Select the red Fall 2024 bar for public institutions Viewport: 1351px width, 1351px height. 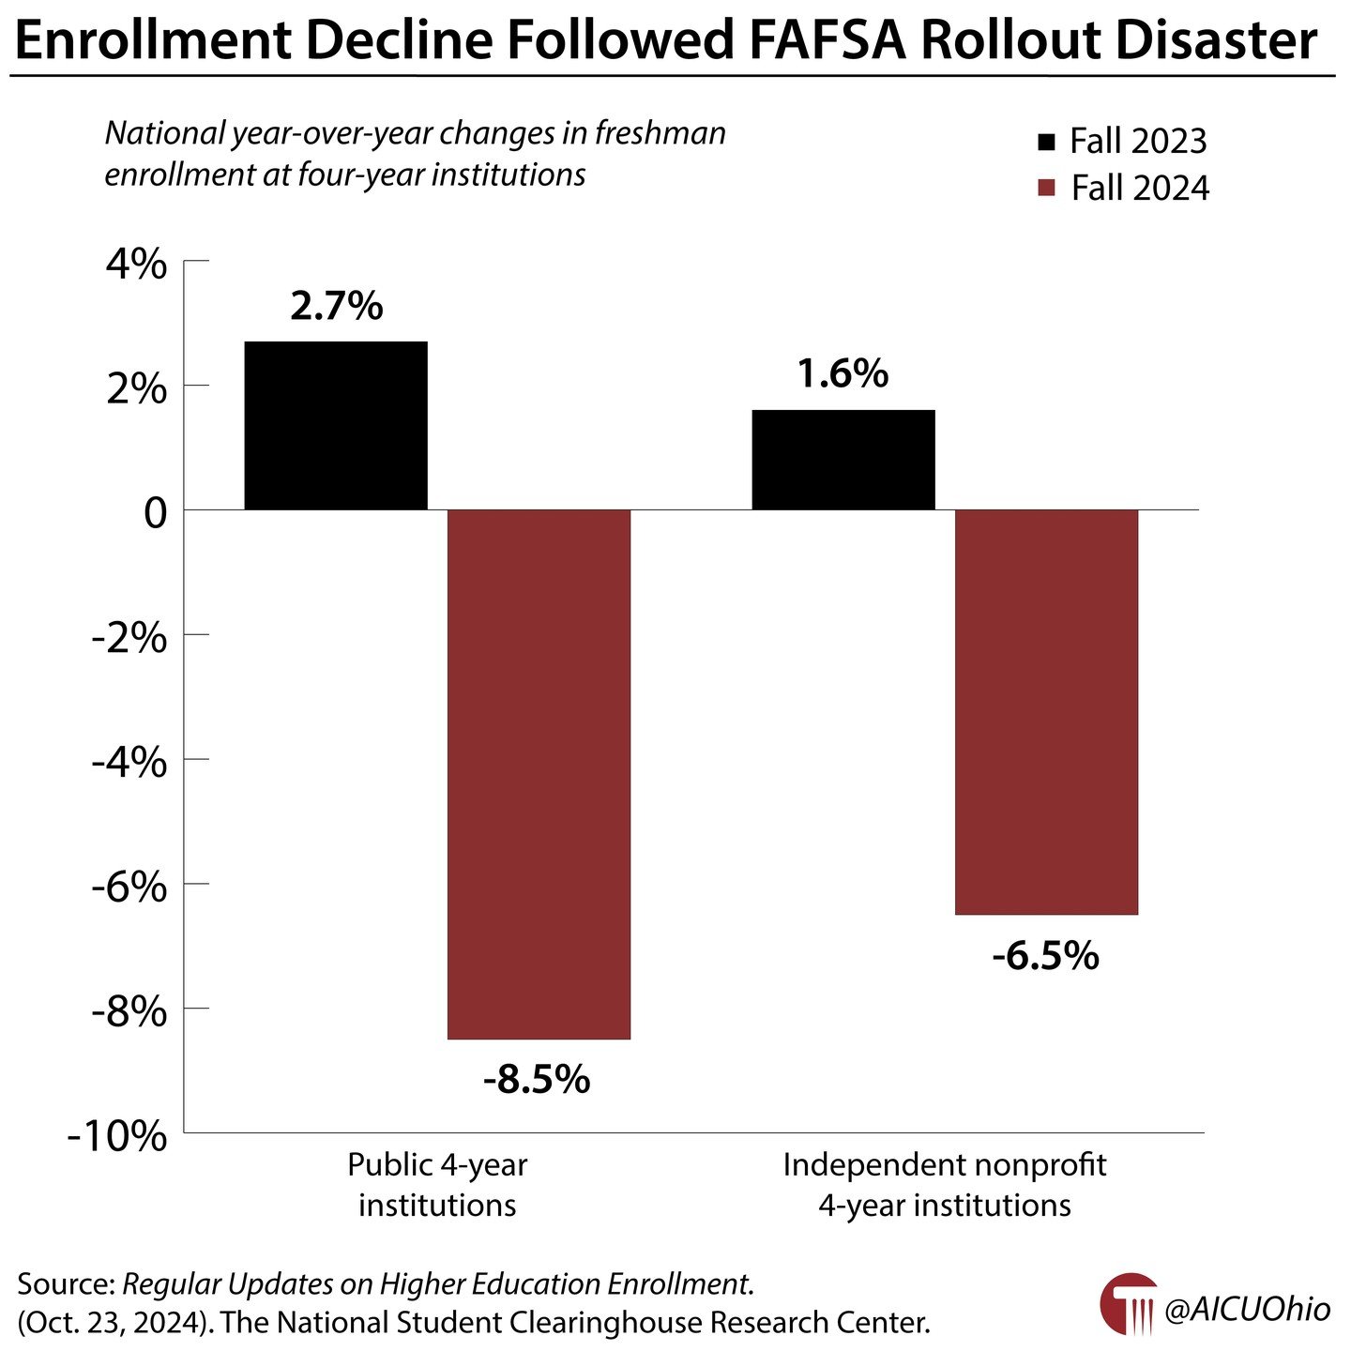coord(539,774)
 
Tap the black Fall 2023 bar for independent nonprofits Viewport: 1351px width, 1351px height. coord(843,460)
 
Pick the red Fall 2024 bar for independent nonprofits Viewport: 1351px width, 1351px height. coord(1046,711)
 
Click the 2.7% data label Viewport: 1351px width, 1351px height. coord(336,306)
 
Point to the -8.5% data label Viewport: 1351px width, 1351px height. coord(537,1080)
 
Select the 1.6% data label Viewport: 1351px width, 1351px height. coord(842,373)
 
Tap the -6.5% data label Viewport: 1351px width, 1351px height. coord(1045,956)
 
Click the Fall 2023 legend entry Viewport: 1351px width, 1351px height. coord(1122,142)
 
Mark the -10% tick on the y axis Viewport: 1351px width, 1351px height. coord(118,1136)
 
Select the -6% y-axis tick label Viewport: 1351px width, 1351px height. coord(129,887)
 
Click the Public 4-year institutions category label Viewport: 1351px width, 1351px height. coord(437,1184)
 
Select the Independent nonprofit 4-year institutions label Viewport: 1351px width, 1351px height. coord(944,1184)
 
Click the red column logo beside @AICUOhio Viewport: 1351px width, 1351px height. coord(1128,1305)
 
